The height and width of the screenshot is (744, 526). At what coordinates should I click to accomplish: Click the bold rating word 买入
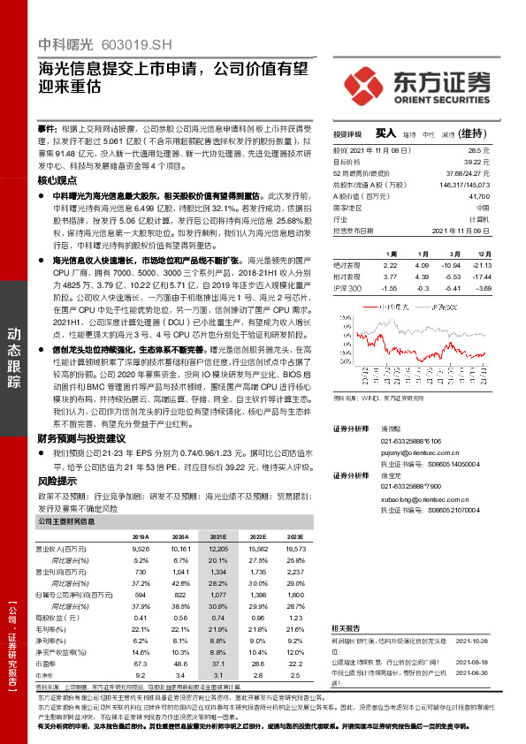tap(385, 133)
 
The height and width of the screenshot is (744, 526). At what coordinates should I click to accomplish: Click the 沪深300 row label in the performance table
tap(347, 288)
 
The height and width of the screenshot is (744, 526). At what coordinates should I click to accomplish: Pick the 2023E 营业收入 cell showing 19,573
tap(294, 548)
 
